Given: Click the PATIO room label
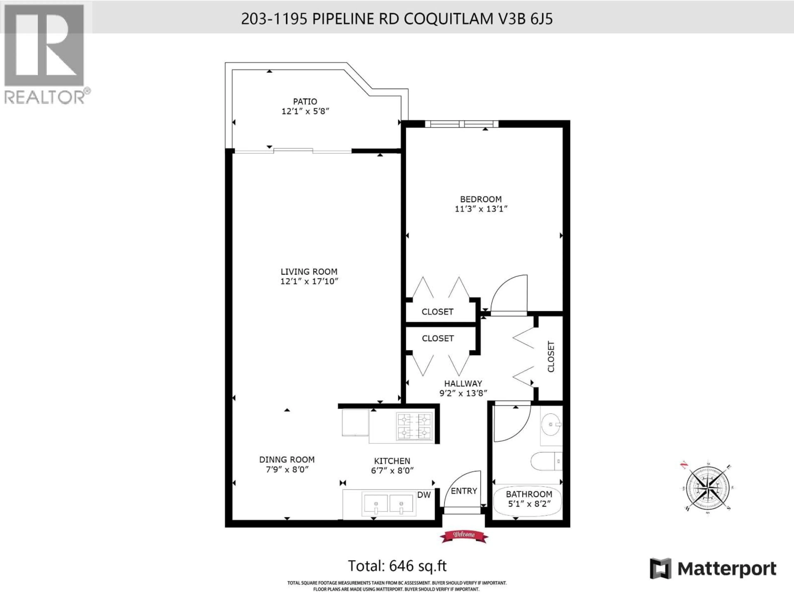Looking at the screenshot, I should click(305, 102).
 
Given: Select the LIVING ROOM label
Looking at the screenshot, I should click(309, 272).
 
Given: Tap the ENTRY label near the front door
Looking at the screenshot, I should click(464, 491).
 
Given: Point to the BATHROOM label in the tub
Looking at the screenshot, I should click(529, 494).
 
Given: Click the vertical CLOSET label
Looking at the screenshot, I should click(551, 357).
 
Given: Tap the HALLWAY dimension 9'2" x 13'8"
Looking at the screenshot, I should click(463, 393).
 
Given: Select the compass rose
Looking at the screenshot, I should click(707, 488).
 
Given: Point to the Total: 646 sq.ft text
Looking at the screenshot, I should click(397, 566).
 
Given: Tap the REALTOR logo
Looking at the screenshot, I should click(45, 54).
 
